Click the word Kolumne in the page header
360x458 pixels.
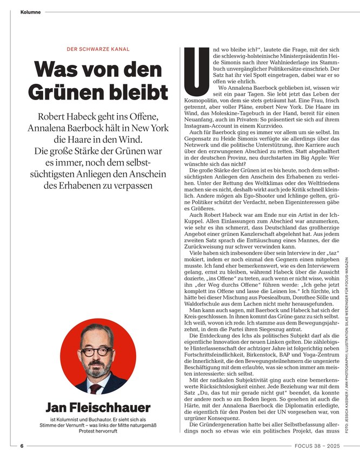tap(30, 11)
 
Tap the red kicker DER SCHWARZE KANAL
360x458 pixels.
tap(98, 49)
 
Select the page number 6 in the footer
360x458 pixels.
tap(22, 446)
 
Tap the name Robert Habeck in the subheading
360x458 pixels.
tap(64, 116)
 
